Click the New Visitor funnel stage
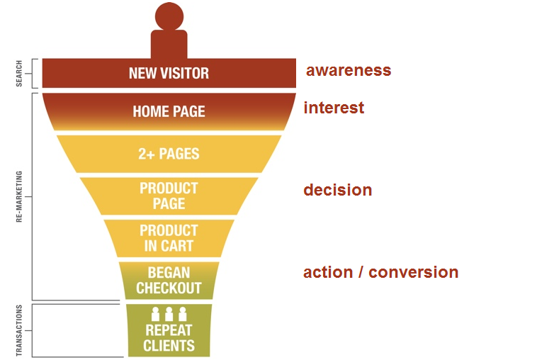pyautogui.click(x=169, y=73)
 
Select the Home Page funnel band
pyautogui.click(x=169, y=111)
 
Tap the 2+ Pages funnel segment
pyautogui.click(x=169, y=154)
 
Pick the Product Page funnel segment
pyautogui.click(x=169, y=196)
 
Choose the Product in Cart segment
pyautogui.click(x=169, y=238)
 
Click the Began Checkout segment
pyautogui.click(x=169, y=281)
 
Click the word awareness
pyautogui.click(x=348, y=70)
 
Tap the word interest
pyautogui.click(x=334, y=108)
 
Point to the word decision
pyautogui.click(x=337, y=190)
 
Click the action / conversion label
pyautogui.click(x=380, y=272)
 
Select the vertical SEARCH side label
pyautogui.click(x=20, y=73)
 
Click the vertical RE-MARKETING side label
pyautogui.click(x=20, y=196)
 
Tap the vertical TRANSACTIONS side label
pyautogui.click(x=20, y=330)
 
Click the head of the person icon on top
pyautogui.click(x=169, y=16)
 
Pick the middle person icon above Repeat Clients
pyautogui.click(x=169, y=314)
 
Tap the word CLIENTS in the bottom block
pyautogui.click(x=169, y=346)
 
